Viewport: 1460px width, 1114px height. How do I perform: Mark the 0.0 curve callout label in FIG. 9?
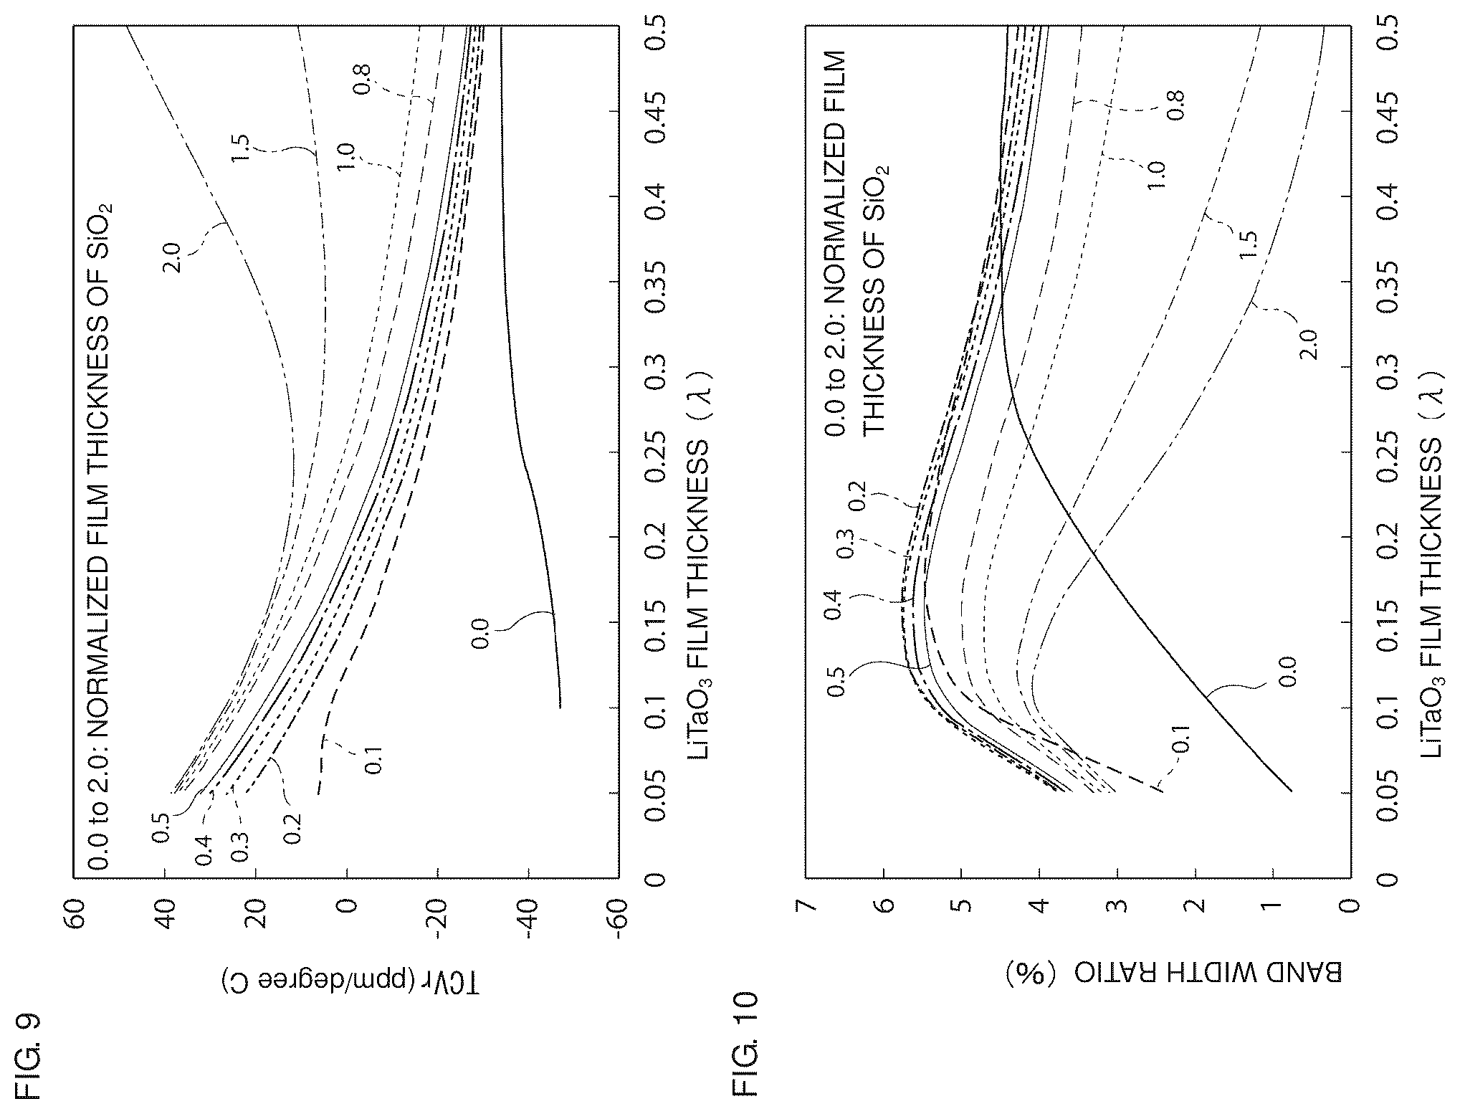click(x=480, y=634)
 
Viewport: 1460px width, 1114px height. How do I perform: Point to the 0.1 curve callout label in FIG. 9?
click(x=373, y=759)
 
